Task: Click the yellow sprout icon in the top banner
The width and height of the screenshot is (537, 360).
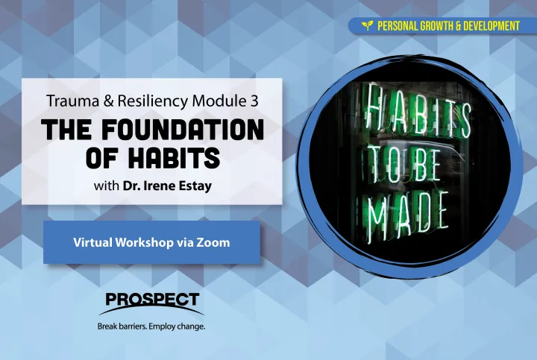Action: (368, 25)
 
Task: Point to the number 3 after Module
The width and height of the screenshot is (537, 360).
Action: (254, 101)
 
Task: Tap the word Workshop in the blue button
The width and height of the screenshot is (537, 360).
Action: (143, 243)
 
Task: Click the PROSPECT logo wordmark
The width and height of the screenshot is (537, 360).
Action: (152, 300)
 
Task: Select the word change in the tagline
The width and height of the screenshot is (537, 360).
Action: (191, 326)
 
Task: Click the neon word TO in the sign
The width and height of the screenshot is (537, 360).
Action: (384, 165)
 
